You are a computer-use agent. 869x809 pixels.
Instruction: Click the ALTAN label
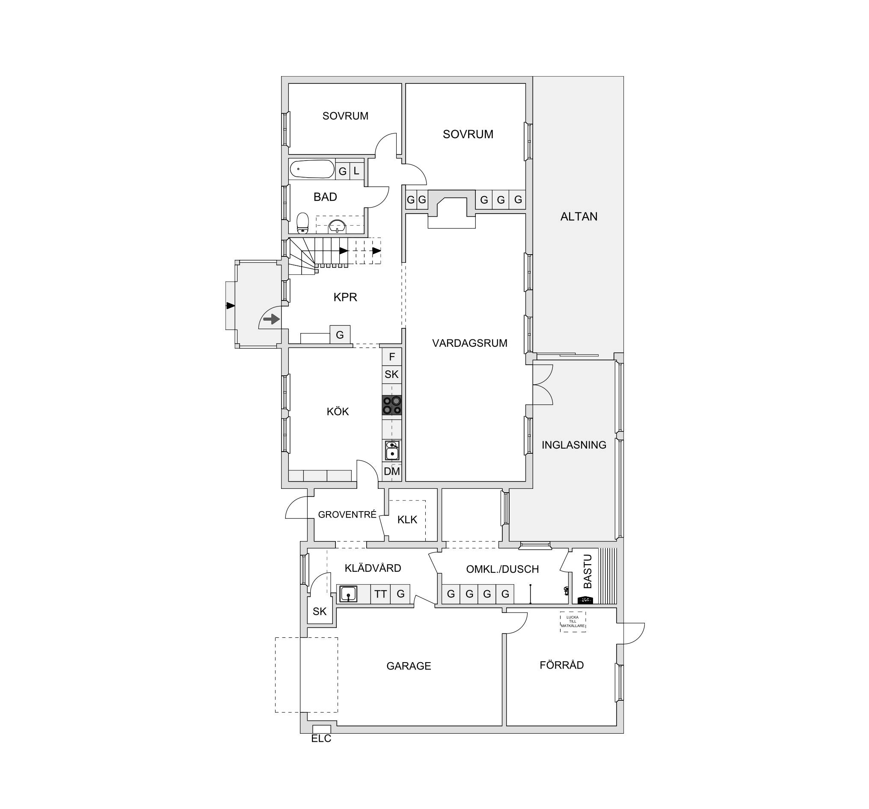coord(579,217)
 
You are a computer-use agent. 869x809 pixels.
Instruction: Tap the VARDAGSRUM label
coord(469,343)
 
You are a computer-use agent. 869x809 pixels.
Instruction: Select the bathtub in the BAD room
coord(311,169)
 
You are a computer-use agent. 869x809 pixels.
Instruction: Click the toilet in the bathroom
coord(303,223)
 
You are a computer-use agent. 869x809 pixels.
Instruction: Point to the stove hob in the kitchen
coord(391,404)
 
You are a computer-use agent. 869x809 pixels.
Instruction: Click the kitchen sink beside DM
coord(392,450)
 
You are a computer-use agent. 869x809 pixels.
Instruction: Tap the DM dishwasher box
coord(391,471)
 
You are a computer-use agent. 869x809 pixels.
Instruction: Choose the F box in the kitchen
coord(391,357)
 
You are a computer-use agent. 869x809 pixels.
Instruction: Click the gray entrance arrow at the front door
coord(271,319)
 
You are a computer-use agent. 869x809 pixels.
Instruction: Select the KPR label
coord(345,297)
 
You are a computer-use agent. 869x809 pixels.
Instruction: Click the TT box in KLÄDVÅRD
coord(380,594)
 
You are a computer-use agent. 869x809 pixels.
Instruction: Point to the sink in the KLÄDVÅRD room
coord(348,594)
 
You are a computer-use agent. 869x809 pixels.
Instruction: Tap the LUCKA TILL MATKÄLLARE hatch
coord(572,622)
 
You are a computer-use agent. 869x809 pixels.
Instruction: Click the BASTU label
coord(587,571)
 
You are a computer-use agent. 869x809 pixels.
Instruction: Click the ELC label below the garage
coord(321,739)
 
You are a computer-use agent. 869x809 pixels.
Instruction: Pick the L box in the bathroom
coord(357,171)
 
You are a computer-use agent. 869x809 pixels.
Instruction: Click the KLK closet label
coord(407,520)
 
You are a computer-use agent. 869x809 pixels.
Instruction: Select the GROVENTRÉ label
coord(347,515)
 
